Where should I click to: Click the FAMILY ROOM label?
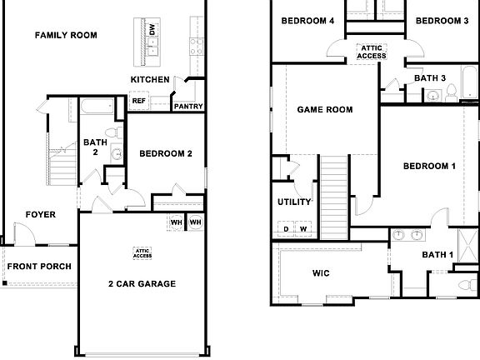click(x=66, y=35)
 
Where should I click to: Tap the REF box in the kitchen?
click(x=138, y=101)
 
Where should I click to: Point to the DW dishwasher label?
click(x=152, y=31)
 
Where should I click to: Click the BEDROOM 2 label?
click(x=166, y=153)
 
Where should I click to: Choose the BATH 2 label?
click(x=95, y=147)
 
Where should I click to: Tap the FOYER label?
click(x=40, y=215)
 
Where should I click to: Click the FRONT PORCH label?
click(x=39, y=267)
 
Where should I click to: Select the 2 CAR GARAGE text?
click(x=142, y=283)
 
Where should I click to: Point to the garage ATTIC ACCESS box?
click(x=142, y=253)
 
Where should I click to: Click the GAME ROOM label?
click(x=325, y=109)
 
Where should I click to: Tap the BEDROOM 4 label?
click(x=307, y=21)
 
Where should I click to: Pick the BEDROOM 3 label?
click(x=441, y=21)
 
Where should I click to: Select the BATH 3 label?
click(x=431, y=78)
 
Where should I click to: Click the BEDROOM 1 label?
click(x=429, y=166)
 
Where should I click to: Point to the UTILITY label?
click(x=294, y=202)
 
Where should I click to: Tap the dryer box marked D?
click(x=286, y=228)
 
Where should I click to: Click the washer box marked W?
click(x=303, y=228)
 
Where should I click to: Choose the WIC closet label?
click(x=322, y=272)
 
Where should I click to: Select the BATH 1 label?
click(x=437, y=255)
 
